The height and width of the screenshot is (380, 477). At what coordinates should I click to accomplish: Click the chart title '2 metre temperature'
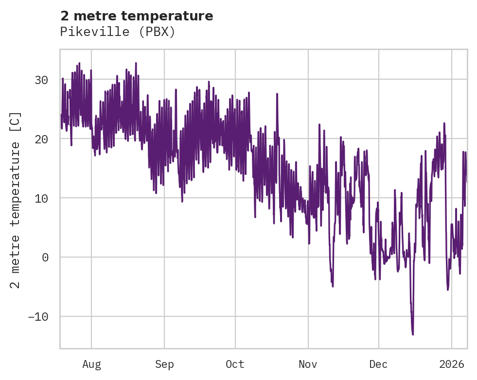point(137,16)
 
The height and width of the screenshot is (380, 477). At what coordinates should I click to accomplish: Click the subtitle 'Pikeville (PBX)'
point(117,32)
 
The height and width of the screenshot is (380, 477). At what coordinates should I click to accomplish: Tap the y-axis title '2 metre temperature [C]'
point(16,200)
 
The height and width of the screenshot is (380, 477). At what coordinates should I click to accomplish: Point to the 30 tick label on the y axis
point(41,80)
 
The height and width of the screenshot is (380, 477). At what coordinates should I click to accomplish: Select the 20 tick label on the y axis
point(41,139)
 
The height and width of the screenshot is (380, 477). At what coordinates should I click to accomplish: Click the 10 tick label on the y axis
point(41,198)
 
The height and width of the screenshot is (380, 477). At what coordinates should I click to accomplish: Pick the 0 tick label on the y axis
point(45,258)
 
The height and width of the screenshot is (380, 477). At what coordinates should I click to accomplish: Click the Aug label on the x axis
point(91,364)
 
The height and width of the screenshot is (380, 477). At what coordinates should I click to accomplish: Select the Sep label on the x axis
point(164,364)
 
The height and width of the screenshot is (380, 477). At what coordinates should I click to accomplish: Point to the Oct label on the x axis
point(235,364)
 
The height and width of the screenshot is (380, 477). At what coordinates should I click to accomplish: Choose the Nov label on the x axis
point(308,364)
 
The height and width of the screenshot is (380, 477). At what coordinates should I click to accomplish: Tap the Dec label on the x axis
point(378,364)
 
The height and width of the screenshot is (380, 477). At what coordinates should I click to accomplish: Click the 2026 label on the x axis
point(451,364)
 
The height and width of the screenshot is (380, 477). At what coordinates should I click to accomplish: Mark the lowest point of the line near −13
point(413,334)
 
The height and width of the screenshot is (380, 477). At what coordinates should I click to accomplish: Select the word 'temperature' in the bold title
point(177,16)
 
